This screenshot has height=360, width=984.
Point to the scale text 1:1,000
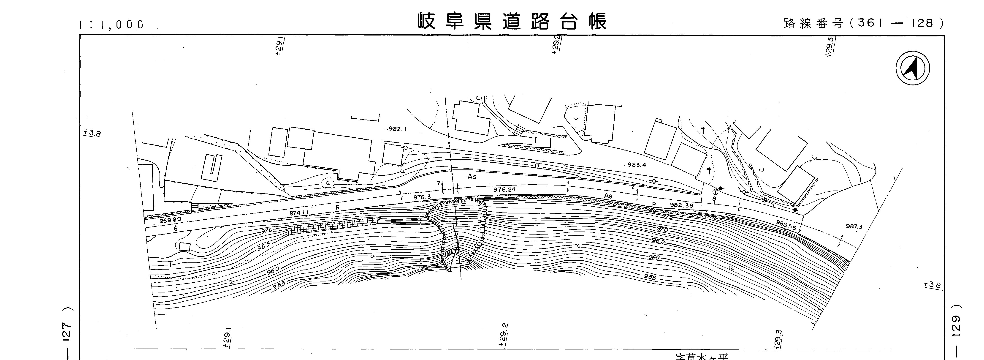[111, 25]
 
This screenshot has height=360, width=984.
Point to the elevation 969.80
[170, 220]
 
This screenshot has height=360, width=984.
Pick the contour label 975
[667, 216]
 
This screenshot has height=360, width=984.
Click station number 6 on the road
[175, 229]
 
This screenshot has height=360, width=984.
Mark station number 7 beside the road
[439, 183]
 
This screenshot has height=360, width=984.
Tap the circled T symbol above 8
[715, 192]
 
